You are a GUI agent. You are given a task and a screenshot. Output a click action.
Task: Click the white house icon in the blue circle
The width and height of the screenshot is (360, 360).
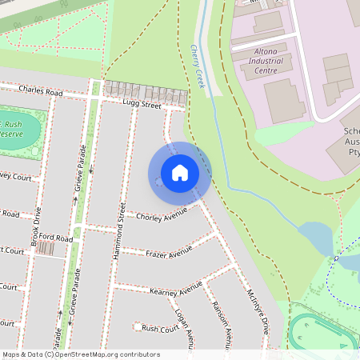point(180,172)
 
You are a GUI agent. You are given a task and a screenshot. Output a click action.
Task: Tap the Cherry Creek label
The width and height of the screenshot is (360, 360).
point(197,66)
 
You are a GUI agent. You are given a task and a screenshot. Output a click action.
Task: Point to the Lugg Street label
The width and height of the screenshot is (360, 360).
point(142,105)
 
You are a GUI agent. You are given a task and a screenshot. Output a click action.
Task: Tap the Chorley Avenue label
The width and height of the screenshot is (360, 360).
point(161,214)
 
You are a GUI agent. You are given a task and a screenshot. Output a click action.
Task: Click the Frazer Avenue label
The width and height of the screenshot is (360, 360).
point(169,254)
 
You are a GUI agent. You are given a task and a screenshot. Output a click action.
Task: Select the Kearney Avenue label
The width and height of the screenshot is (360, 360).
point(175,287)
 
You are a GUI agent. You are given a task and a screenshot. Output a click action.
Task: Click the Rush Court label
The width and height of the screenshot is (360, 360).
point(160,328)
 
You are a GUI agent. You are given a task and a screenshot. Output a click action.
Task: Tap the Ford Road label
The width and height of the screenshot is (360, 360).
point(56,238)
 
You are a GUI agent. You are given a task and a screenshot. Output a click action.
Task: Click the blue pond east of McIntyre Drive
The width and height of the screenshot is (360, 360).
point(316,238)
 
